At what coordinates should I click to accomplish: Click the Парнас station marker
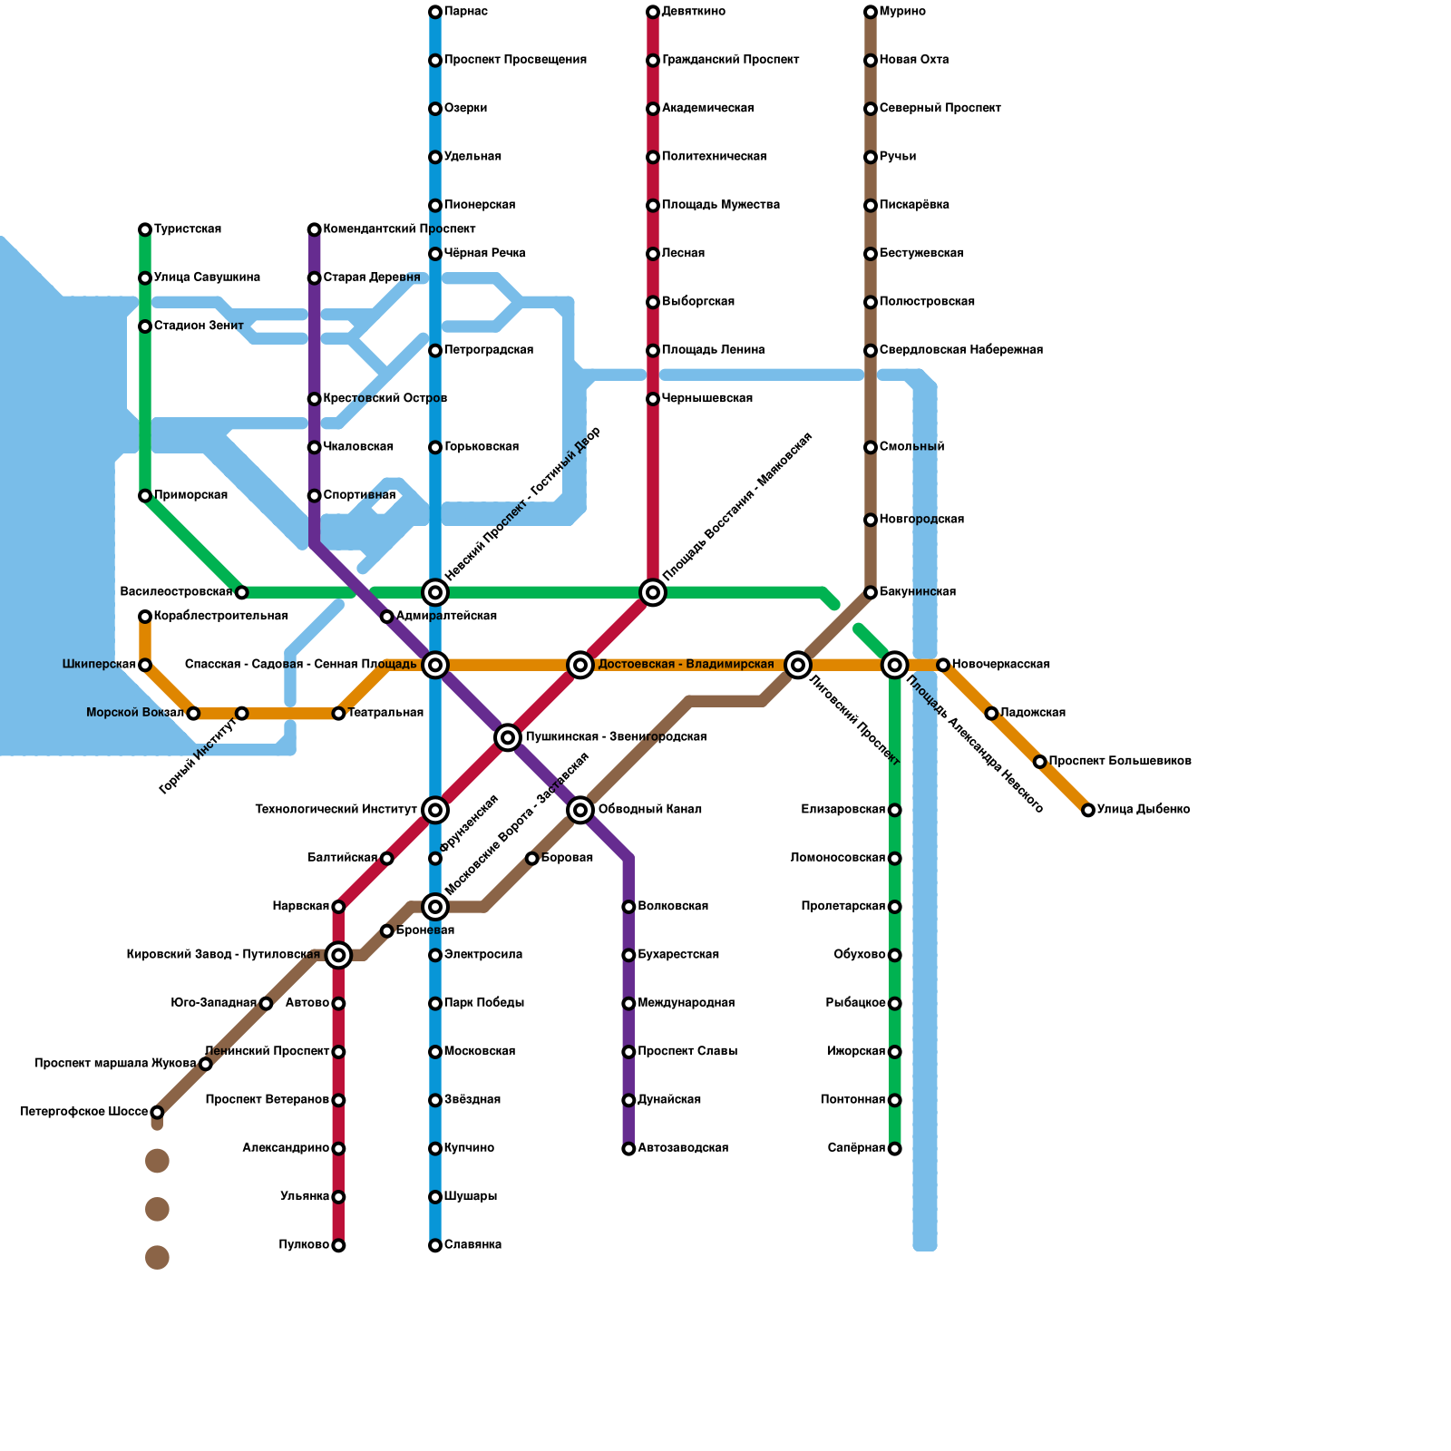pyautogui.click(x=435, y=12)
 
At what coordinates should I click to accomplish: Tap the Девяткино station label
pyautogui.click(x=694, y=12)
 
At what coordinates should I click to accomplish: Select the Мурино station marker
pyautogui.click(x=871, y=12)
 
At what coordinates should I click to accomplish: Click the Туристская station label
pyautogui.click(x=188, y=229)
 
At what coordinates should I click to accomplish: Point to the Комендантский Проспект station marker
pyautogui.click(x=315, y=229)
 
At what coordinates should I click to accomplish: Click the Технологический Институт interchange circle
pyautogui.click(x=435, y=810)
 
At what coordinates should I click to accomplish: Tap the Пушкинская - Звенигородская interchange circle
pyautogui.click(x=508, y=737)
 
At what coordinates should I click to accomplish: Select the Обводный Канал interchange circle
pyautogui.click(x=580, y=810)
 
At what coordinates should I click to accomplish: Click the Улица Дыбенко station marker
pyautogui.click(x=1088, y=810)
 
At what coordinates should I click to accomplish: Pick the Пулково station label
pyautogui.click(x=304, y=1245)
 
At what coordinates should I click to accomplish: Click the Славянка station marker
pyautogui.click(x=435, y=1245)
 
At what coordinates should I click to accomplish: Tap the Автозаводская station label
pyautogui.click(x=683, y=1148)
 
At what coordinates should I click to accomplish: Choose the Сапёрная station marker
pyautogui.click(x=895, y=1149)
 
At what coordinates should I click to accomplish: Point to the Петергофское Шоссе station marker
pyautogui.click(x=157, y=1113)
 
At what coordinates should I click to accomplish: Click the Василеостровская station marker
pyautogui.click(x=241, y=592)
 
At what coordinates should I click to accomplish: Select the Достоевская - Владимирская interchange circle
pyautogui.click(x=580, y=665)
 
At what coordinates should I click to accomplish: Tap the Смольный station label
pyautogui.click(x=911, y=447)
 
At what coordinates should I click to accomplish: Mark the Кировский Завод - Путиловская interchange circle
pyautogui.click(x=338, y=955)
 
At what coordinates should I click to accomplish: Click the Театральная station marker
pyautogui.click(x=338, y=714)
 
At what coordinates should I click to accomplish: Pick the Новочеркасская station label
pyautogui.click(x=1001, y=665)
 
